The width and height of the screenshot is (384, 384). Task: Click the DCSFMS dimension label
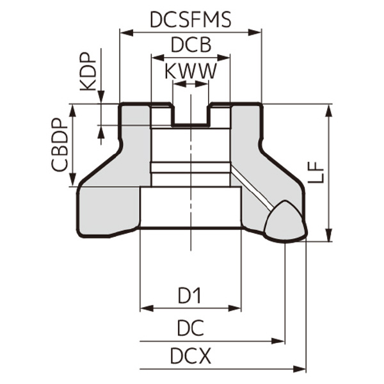click(190, 19)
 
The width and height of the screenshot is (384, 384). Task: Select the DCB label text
click(190, 46)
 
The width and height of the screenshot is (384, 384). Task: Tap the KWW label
click(190, 71)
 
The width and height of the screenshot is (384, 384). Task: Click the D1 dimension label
click(190, 296)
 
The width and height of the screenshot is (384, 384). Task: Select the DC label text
click(190, 328)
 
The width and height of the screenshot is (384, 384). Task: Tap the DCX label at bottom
click(190, 356)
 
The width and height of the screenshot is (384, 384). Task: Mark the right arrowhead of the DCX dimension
click(301, 369)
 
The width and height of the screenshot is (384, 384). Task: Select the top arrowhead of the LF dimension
click(329, 109)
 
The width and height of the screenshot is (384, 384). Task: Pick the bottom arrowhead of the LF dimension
click(329, 236)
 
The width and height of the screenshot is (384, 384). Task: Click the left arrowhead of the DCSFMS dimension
click(125, 31)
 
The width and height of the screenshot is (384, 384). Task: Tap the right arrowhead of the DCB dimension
click(225, 57)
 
